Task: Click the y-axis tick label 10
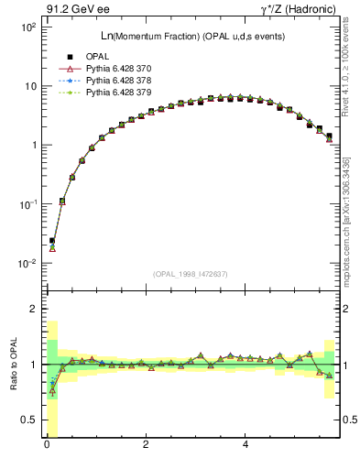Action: click(x=28, y=86)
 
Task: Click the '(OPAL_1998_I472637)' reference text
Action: click(x=191, y=274)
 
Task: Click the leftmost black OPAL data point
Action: click(x=52, y=241)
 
